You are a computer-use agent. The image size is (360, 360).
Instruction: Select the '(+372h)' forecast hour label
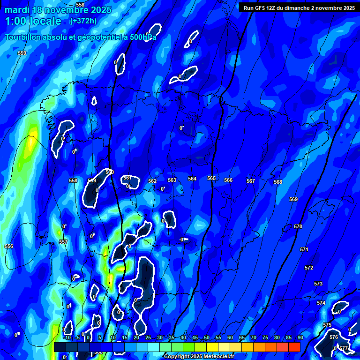point(83,21)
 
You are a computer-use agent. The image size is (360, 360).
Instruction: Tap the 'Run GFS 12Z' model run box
point(299,7)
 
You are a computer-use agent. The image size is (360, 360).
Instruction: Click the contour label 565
point(211,178)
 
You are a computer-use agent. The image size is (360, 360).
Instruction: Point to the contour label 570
point(298,226)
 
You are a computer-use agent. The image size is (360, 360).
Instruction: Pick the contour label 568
point(278,182)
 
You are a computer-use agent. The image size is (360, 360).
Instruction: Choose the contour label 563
point(172,180)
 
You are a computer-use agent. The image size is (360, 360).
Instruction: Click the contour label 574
point(321,303)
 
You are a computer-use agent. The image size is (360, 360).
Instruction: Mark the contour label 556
point(9,246)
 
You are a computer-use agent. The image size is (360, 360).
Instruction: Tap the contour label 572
point(308,268)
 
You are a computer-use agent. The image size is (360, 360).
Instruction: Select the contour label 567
point(251,181)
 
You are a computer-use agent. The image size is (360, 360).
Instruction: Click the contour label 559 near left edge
point(22,53)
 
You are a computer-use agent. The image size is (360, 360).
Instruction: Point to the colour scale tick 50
point(207,337)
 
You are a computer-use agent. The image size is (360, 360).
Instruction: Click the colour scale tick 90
point(300,337)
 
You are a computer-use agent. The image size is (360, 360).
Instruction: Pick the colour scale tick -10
point(67,337)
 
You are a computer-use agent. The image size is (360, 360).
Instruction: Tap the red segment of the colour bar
point(294,347)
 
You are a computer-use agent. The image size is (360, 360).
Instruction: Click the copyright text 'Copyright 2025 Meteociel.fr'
point(199,356)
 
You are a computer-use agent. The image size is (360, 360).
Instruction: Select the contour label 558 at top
point(80,5)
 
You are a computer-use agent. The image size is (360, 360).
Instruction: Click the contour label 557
point(63,242)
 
